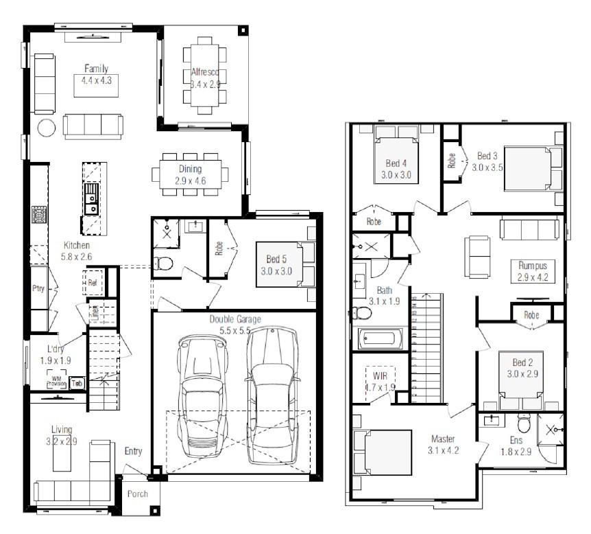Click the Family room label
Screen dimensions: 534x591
tap(96, 69)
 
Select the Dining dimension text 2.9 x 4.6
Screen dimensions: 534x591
tap(191, 182)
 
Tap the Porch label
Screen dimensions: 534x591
tap(138, 494)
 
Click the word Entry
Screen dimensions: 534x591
tap(134, 451)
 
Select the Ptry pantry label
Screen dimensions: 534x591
tap(38, 288)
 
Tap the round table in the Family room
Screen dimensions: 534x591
tap(46, 128)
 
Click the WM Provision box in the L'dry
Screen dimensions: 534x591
tap(56, 381)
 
